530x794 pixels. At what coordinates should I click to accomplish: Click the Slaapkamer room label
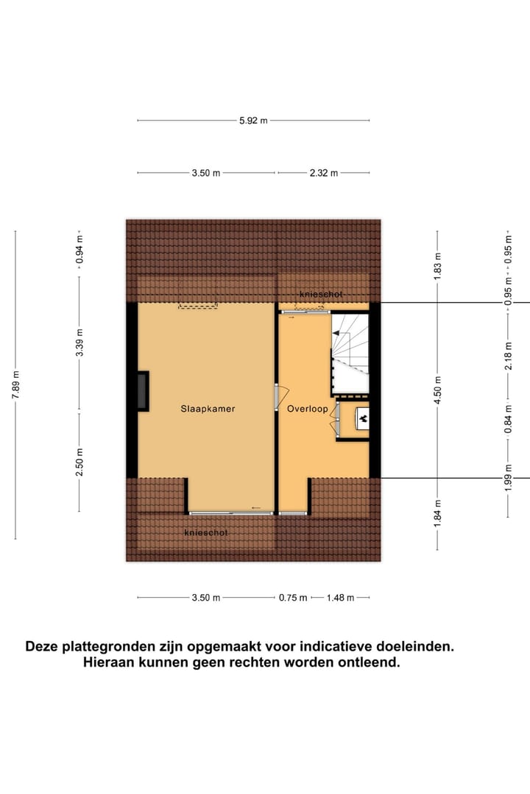coord(208,409)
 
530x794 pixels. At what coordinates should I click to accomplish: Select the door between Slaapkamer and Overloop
coord(278,398)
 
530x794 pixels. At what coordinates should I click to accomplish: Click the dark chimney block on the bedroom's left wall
coord(141,391)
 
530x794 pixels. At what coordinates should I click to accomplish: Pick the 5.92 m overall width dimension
coord(253,121)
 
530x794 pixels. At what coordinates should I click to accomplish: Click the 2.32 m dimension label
coord(323,174)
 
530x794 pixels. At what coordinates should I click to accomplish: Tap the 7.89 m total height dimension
coord(15,385)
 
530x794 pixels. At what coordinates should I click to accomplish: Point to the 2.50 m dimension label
coord(79,462)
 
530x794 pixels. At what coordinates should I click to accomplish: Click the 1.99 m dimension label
coord(508,479)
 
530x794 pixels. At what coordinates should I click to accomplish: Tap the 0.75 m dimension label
coord(293,598)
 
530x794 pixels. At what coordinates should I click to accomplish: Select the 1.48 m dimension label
coord(340,598)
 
